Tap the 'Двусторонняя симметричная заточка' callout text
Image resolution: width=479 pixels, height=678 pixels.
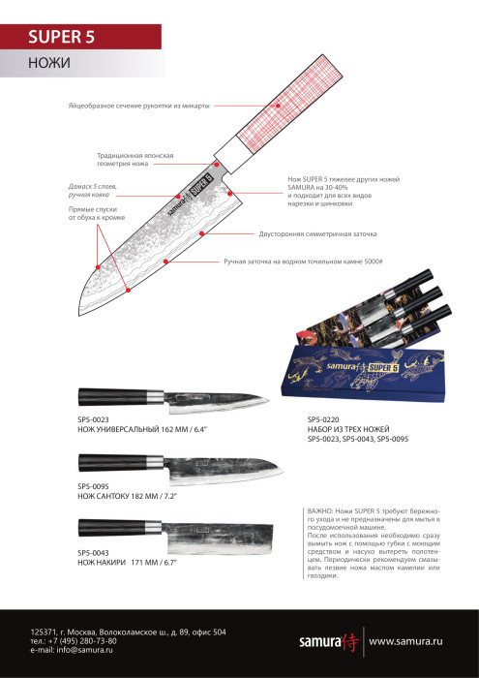317,233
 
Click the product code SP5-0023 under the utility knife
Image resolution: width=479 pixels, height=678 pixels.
97,419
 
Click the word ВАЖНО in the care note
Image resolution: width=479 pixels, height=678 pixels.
319,509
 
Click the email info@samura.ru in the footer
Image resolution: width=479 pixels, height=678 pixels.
72,650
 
